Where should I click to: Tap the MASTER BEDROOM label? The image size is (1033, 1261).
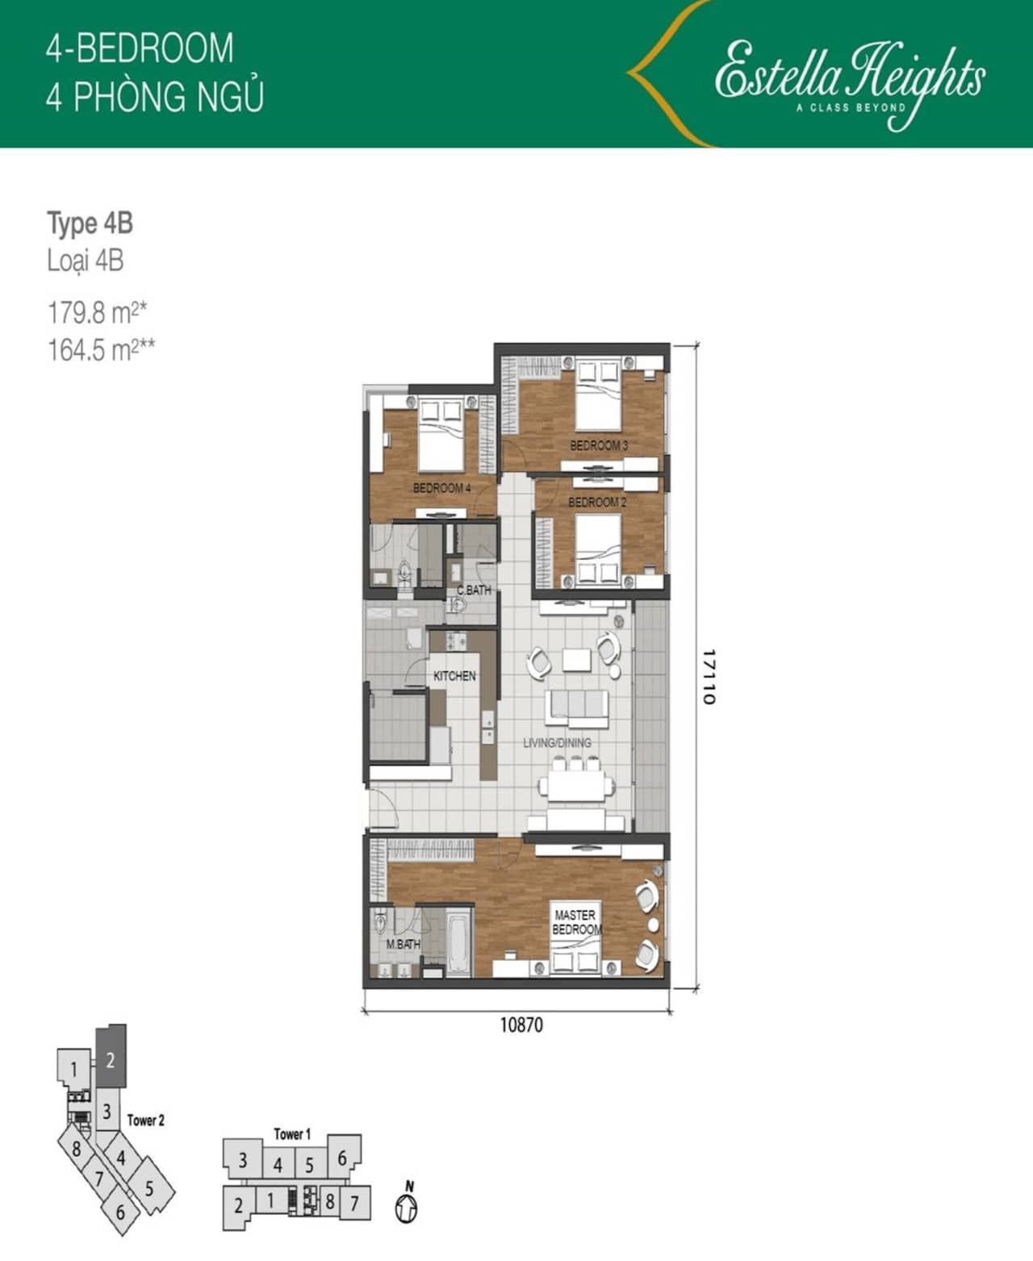coord(576,922)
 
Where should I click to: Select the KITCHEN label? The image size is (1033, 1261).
coord(454,675)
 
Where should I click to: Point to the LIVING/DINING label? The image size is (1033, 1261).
coord(557,742)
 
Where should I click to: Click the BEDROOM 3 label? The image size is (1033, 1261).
coord(599,445)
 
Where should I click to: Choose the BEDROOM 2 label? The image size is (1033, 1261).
coord(597,503)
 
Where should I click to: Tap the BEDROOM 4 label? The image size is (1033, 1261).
coord(442,488)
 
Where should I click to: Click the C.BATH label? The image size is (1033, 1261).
coord(475,590)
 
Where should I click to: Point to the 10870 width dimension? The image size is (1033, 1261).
coord(521,1025)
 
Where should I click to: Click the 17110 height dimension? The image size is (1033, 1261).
coord(709,677)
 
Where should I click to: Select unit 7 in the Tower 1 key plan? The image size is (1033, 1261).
coord(355,1203)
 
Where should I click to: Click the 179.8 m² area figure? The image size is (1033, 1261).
coord(98,313)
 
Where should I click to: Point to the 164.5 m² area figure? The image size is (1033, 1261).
coord(101,350)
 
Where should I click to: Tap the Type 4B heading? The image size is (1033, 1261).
coord(90,223)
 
